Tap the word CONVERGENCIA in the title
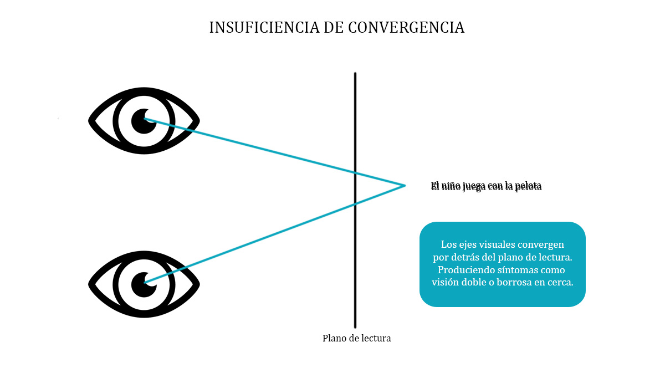click(406, 28)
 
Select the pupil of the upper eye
click(144, 120)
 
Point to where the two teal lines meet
click(405, 185)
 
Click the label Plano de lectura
click(356, 338)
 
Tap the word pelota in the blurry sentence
click(528, 186)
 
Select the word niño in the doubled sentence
click(452, 186)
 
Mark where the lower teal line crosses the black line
click(355, 204)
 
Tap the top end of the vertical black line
click(355, 74)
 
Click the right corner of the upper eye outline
click(198, 120)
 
